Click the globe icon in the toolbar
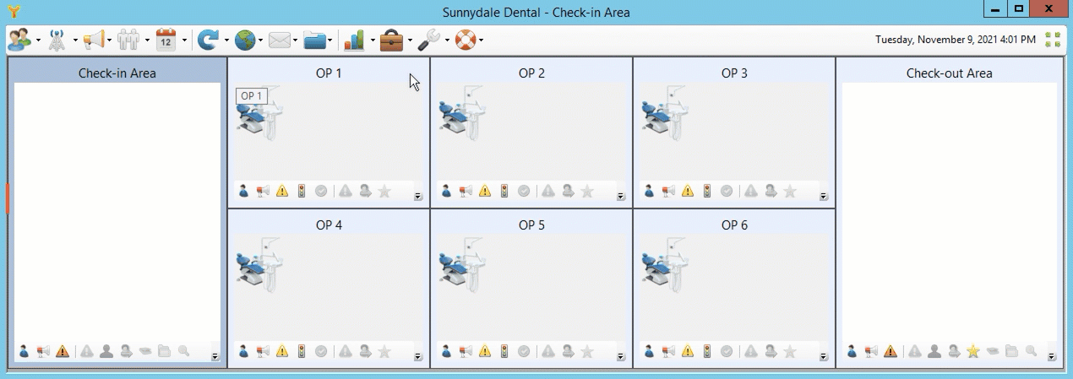click(245, 40)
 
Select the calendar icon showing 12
click(166, 40)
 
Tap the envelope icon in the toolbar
click(280, 41)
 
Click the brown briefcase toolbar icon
click(391, 41)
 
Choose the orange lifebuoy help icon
click(466, 40)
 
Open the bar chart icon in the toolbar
click(354, 41)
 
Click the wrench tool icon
click(428, 40)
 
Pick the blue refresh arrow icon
click(209, 40)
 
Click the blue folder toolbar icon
click(314, 41)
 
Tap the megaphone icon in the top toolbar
click(94, 40)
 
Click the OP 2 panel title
click(531, 73)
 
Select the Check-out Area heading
click(949, 73)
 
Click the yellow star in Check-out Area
click(972, 352)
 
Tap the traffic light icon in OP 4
click(302, 352)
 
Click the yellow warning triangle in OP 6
click(688, 352)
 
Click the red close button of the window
click(1048, 8)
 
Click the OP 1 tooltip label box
click(252, 95)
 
